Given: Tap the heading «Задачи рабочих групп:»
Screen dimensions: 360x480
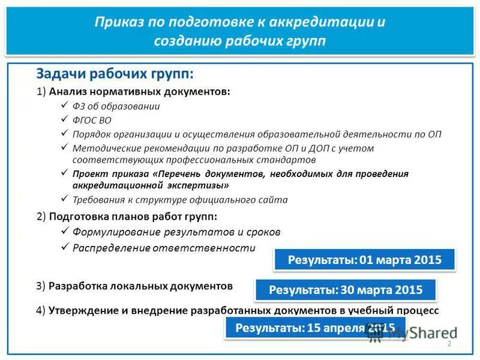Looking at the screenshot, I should (115, 73).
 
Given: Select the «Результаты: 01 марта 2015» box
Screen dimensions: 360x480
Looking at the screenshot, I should (365, 260).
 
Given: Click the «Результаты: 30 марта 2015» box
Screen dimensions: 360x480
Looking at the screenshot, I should (346, 290).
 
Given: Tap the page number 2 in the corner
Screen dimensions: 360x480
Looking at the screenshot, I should (448, 343).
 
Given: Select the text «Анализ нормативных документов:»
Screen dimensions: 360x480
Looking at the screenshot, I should (139, 92).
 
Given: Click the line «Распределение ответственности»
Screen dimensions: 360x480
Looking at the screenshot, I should (164, 247).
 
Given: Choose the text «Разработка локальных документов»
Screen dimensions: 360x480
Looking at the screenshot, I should (140, 286).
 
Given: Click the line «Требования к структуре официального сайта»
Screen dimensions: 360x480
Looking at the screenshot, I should (180, 200).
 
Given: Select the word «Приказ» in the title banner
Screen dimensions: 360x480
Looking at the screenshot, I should (115, 22).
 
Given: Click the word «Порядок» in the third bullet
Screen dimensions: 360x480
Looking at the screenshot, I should (91, 134).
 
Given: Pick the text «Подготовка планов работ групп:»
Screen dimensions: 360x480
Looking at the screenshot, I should (133, 216).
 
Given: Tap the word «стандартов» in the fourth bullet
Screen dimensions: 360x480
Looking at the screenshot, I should (292, 160).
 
